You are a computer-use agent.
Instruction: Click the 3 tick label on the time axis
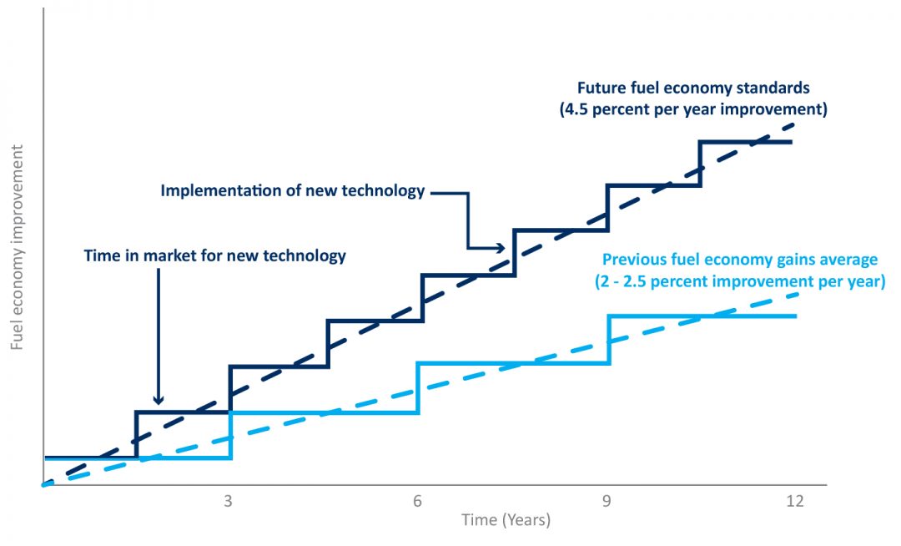229,501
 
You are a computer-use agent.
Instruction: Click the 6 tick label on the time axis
417,501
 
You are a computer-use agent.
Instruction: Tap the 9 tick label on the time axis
607,501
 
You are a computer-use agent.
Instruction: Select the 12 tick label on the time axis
794,501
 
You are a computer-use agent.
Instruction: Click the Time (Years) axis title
506,520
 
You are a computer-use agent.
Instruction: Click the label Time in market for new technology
214,255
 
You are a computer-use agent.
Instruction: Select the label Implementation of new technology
293,190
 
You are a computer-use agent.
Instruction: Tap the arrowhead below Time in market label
158,400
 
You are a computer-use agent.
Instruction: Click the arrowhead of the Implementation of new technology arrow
501,248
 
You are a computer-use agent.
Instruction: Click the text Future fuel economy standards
692,88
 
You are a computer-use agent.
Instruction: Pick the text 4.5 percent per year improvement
692,109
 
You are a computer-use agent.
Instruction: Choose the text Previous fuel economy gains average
740,259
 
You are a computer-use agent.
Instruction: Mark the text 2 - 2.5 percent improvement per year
740,281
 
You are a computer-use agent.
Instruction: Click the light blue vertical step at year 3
230,435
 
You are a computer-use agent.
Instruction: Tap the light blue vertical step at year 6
417,387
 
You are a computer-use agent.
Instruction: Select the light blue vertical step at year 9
609,340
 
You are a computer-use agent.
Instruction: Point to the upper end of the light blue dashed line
797,294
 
